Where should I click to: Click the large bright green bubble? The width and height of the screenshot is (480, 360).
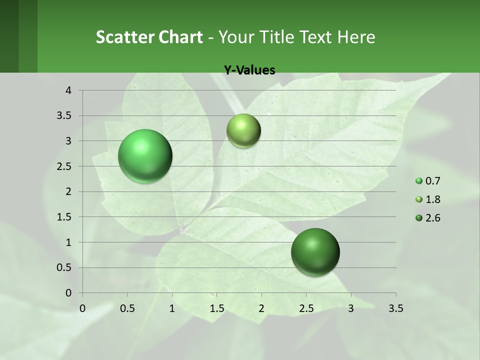click(145, 156)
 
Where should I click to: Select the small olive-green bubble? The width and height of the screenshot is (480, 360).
click(243, 130)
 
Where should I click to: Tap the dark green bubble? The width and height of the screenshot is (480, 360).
click(315, 252)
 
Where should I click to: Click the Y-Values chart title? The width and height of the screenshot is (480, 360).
click(249, 70)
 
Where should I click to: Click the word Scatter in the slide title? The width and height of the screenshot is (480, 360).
click(125, 37)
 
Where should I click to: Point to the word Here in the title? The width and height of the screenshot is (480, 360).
click(356, 37)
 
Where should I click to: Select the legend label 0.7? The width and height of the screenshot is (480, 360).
click(432, 181)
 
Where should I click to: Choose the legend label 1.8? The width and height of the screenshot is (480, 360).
click(432, 199)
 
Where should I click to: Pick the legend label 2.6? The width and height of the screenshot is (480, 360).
click(432, 218)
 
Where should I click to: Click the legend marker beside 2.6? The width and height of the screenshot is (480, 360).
click(419, 218)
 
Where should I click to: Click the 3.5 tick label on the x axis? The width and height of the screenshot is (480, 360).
click(395, 308)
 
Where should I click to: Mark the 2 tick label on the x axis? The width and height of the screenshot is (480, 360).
click(261, 308)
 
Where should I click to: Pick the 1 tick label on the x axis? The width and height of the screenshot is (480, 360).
click(172, 308)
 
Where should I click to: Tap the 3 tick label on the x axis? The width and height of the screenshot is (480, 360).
click(351, 308)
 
